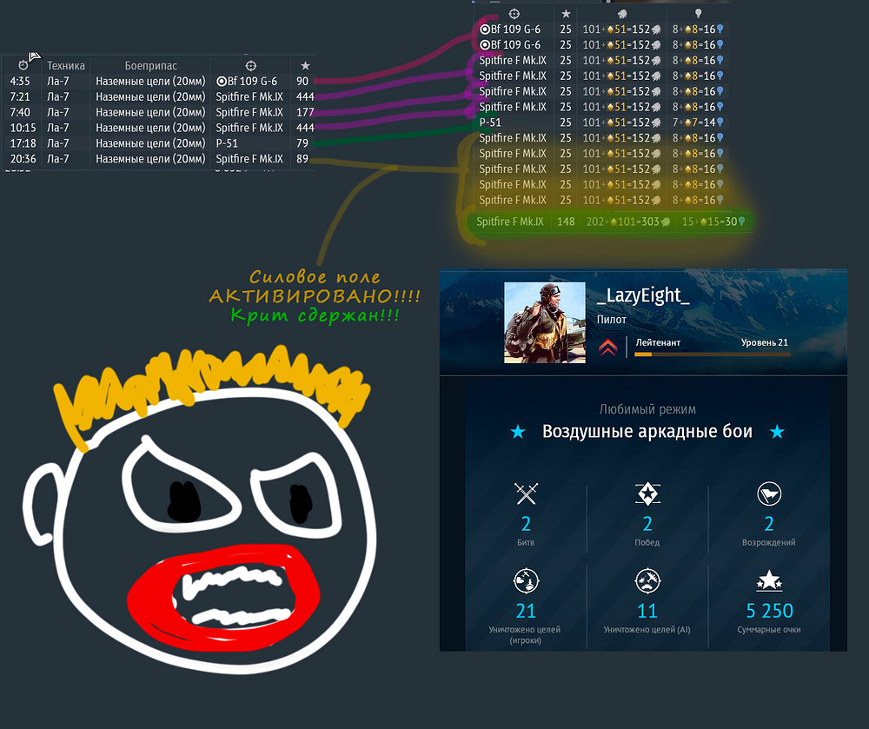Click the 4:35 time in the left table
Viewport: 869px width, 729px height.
click(21, 81)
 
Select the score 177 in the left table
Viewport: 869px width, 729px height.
click(304, 112)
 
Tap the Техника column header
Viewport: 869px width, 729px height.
click(66, 65)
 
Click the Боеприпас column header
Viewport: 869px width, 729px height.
click(150, 65)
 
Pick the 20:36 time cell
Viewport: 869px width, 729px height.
click(22, 159)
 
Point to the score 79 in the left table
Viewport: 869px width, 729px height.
click(302, 143)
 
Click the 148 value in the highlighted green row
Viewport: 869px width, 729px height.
click(566, 222)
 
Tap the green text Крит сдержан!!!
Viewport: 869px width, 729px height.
click(315, 315)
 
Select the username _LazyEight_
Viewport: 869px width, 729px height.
click(644, 297)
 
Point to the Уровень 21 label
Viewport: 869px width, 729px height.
click(765, 343)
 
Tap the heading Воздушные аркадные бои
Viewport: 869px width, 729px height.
click(647, 432)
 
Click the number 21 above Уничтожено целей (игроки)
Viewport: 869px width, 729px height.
click(526, 611)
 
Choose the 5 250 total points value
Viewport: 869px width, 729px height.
click(769, 611)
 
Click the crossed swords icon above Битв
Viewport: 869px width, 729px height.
click(526, 494)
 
